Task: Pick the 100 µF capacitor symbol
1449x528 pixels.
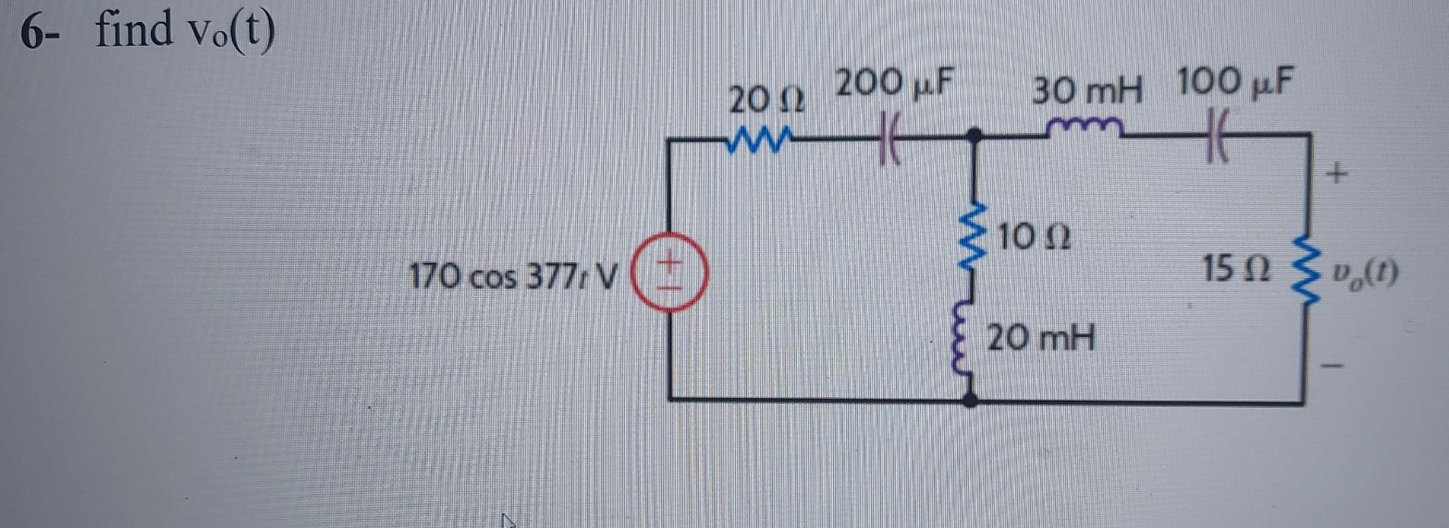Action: (x=1217, y=135)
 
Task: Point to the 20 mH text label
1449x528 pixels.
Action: (x=1040, y=338)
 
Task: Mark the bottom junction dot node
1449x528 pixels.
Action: (x=971, y=398)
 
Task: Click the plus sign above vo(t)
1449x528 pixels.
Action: (x=1337, y=176)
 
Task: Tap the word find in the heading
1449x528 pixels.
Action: (x=134, y=30)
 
